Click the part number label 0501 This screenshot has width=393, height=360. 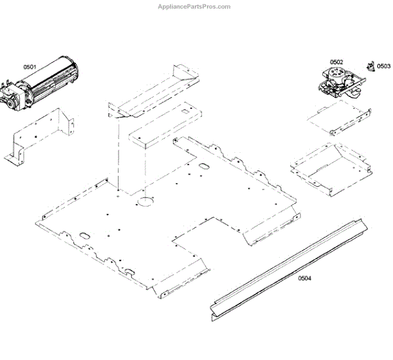pyautogui.click(x=30, y=67)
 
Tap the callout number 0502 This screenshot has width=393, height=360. pyautogui.click(x=335, y=62)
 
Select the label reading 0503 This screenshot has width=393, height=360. pyautogui.click(x=383, y=66)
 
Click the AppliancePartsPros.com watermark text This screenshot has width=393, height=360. pyautogui.click(x=195, y=7)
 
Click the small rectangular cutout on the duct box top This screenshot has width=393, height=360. pyautogui.click(x=188, y=111)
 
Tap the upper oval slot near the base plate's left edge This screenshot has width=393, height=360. pyautogui.click(x=84, y=234)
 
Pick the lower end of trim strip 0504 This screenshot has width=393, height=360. pyautogui.click(x=216, y=311)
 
